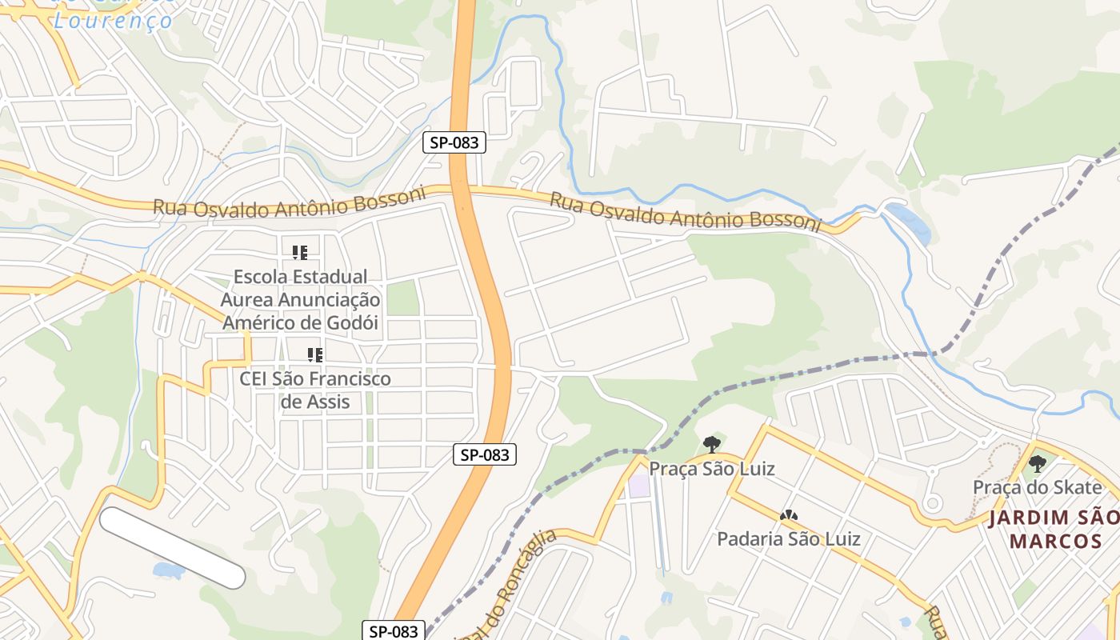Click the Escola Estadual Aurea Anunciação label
[x=301, y=300]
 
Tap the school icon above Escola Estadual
[x=300, y=253]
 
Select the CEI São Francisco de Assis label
[x=315, y=390]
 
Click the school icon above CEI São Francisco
[x=315, y=354]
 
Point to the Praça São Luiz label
[x=711, y=469]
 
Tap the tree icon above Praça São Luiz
[x=711, y=445]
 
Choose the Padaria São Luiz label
[x=788, y=538]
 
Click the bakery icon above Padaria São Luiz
[x=788, y=516]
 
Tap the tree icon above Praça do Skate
[x=1038, y=463]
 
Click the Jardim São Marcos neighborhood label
[x=1054, y=529]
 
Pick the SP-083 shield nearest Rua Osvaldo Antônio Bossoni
[x=454, y=143]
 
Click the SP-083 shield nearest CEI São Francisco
[x=486, y=455]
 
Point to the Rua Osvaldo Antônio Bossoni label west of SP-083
[x=289, y=205]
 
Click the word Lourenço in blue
[x=113, y=20]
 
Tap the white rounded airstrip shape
[x=172, y=548]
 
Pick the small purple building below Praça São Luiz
[x=638, y=486]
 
